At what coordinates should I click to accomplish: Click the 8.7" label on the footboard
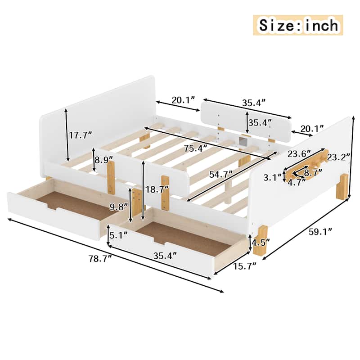312,172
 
